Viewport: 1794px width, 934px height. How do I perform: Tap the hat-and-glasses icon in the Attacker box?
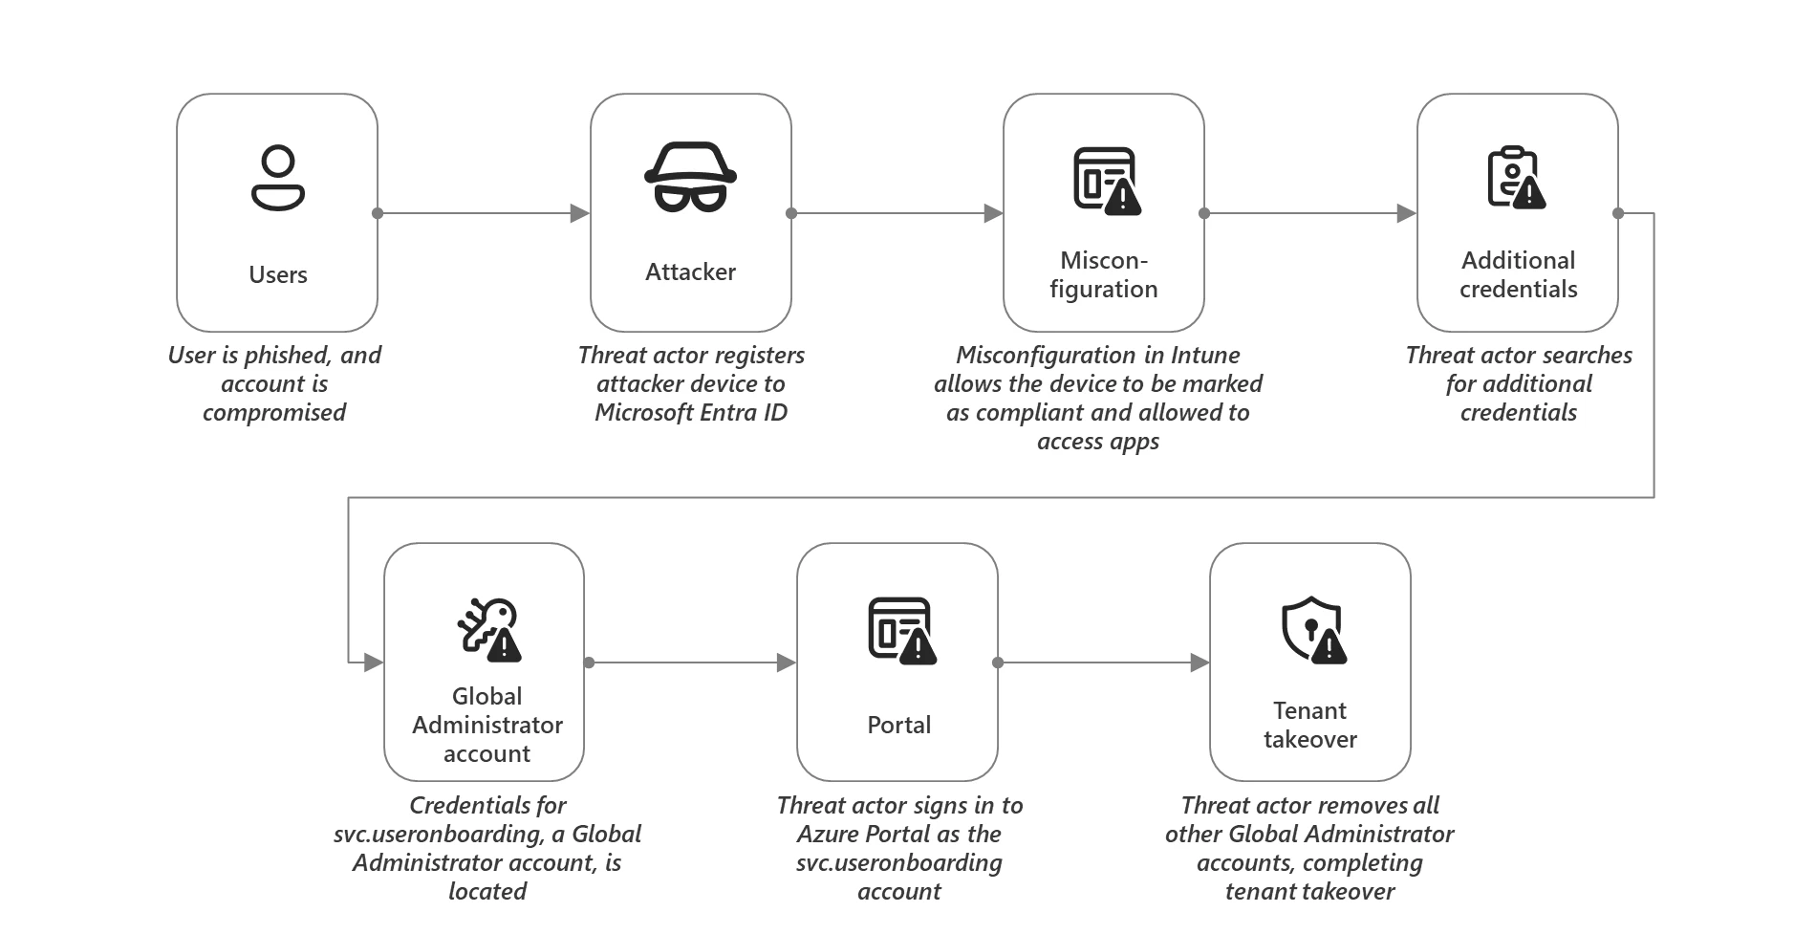pyautogui.click(x=690, y=177)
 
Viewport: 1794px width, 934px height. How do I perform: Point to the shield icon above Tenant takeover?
pyautogui.click(x=1313, y=630)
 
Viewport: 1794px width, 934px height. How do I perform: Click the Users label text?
pyautogui.click(x=278, y=275)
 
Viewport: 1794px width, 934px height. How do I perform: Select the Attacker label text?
pyautogui.click(x=690, y=272)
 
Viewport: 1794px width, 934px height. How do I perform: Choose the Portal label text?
pyautogui.click(x=898, y=726)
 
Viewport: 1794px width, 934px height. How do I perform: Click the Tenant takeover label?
pyautogui.click(x=1309, y=726)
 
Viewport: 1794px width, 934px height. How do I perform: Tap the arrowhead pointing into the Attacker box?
pyautogui.click(x=579, y=213)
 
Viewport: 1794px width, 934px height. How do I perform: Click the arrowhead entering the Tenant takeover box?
pyautogui.click(x=1200, y=662)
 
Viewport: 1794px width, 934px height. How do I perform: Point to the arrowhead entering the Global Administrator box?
pyautogui.click(x=374, y=662)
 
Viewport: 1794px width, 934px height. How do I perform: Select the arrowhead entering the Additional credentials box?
pyautogui.click(x=1406, y=213)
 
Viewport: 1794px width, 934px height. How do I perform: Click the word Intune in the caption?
pyautogui.click(x=1205, y=356)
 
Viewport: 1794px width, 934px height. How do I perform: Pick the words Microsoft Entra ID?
pyautogui.click(x=691, y=413)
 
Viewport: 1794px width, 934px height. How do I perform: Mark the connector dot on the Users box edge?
pyautogui.click(x=378, y=213)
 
